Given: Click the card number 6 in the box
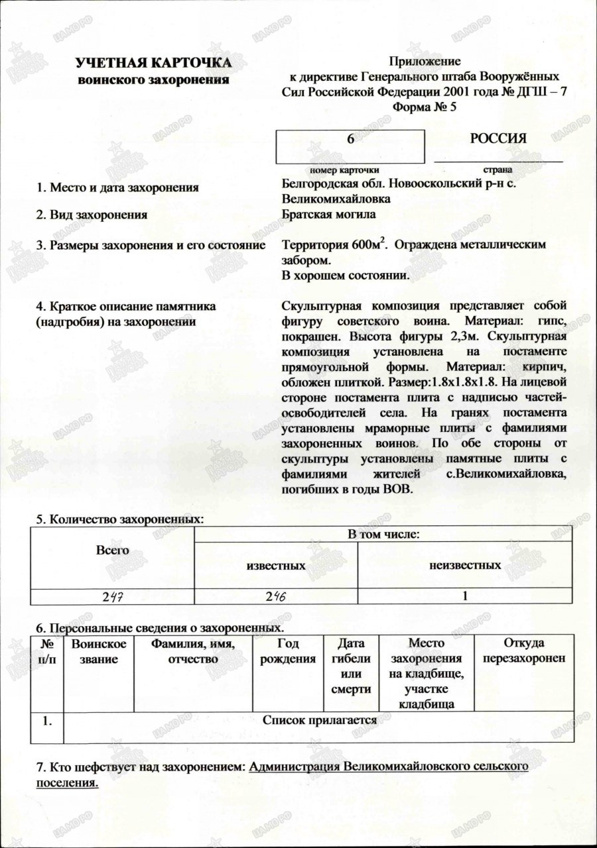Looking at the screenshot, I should [x=350, y=139].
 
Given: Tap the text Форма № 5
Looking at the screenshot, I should [x=425, y=107].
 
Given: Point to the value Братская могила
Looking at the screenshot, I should [x=328, y=214].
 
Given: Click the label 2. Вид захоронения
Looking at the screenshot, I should [x=92, y=215].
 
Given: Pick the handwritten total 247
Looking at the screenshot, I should [x=113, y=596].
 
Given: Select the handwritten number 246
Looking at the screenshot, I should [x=275, y=596].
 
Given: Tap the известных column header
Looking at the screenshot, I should [x=275, y=566].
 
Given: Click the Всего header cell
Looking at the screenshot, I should [x=112, y=550].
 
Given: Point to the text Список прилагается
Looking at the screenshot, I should [x=320, y=719].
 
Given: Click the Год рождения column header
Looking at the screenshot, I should [x=288, y=651].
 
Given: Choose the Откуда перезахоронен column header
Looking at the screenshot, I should [x=524, y=651].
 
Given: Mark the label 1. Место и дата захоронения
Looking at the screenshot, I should [x=117, y=188].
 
